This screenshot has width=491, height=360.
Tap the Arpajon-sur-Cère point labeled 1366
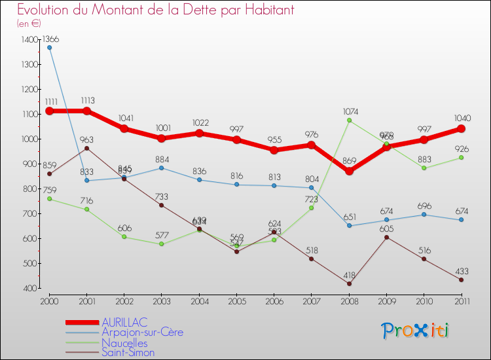[50, 47]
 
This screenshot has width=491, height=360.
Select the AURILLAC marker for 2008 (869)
[350, 171]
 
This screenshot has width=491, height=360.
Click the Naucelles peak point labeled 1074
[350, 120]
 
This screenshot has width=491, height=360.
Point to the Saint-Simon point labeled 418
[350, 283]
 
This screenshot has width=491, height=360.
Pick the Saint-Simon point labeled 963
[87, 148]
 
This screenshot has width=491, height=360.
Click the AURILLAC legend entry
[124, 322]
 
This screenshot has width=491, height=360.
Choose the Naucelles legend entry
[124, 342]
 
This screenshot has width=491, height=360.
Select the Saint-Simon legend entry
[128, 352]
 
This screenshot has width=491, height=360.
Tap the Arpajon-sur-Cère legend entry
[141, 333]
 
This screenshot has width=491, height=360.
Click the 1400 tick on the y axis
[29, 40]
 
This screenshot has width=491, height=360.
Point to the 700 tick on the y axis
[30, 214]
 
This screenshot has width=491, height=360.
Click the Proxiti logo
[416, 331]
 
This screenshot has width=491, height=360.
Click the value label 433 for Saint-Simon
[461, 270]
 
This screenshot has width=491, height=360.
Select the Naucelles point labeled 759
[50, 198]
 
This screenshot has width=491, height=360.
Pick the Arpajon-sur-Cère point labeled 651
[350, 225]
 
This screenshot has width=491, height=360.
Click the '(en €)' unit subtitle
[29, 23]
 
